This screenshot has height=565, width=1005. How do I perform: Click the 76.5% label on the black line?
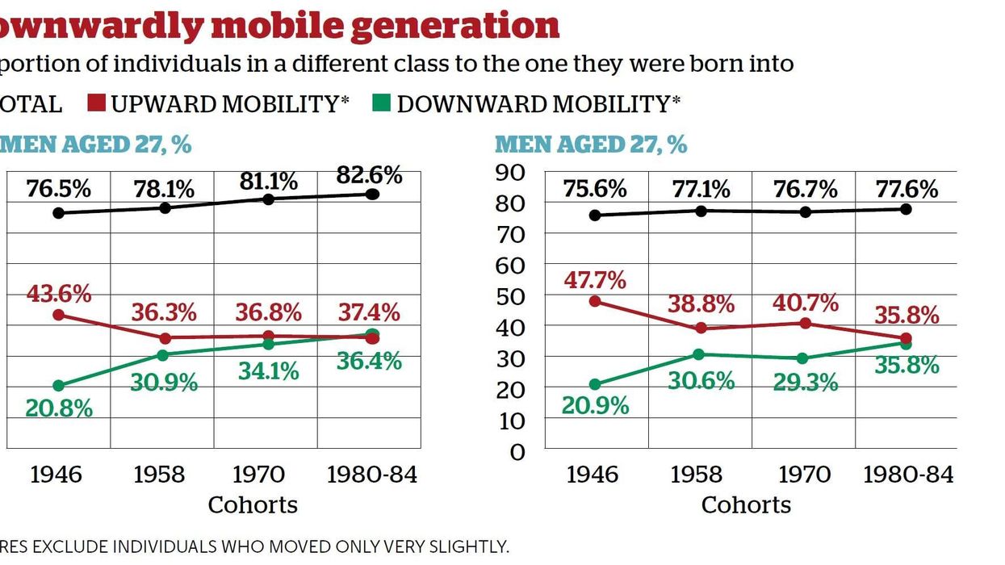(x=58, y=190)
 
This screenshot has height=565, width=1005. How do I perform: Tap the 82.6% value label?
(x=369, y=175)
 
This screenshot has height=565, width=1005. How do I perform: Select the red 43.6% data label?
(x=58, y=294)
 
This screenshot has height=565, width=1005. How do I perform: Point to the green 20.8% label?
(x=58, y=408)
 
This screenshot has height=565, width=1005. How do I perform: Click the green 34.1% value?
(x=268, y=371)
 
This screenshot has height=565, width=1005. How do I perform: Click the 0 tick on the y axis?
(x=517, y=451)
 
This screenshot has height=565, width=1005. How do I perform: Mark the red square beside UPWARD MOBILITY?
(x=97, y=104)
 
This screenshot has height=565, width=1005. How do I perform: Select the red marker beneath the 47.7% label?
(x=595, y=301)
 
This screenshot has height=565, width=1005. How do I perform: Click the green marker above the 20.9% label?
(x=595, y=385)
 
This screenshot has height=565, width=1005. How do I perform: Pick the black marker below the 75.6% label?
(x=595, y=216)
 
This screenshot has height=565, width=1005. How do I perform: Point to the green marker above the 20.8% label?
(x=58, y=386)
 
